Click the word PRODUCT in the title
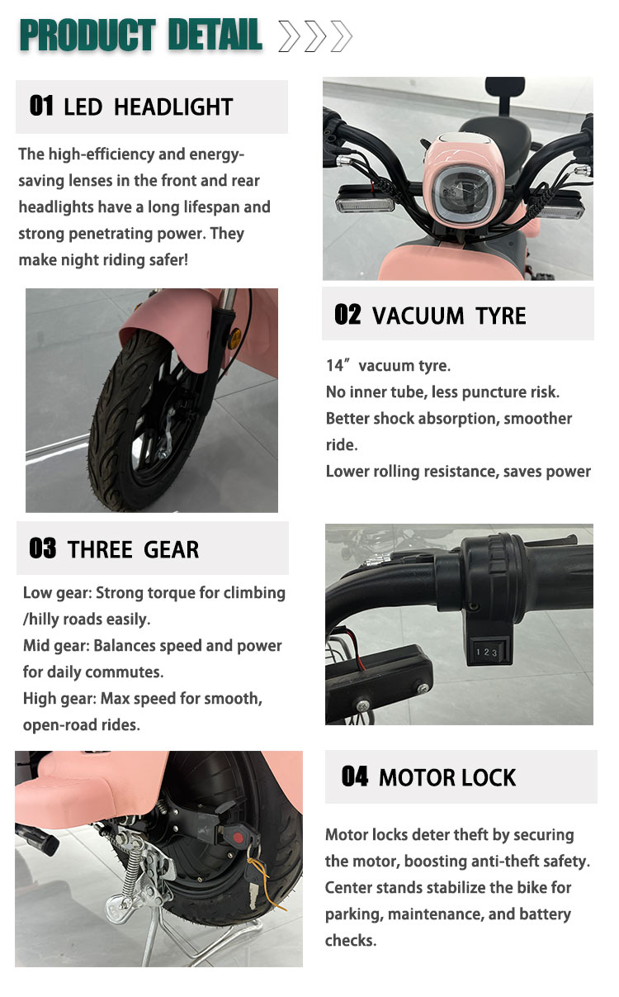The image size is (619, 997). pos(87,36)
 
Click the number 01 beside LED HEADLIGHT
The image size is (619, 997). pos(41,106)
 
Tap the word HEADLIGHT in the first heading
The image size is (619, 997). pos(173,107)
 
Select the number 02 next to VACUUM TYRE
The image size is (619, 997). pos(347,315)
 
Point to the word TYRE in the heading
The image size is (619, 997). pos(501,316)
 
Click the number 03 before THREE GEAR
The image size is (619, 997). pos(43,548)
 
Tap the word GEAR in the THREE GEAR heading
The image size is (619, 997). pos(171,549)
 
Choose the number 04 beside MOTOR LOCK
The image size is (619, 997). pos(355,776)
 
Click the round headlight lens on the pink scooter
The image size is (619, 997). pos(462,194)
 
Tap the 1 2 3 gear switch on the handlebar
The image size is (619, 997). pos(487,653)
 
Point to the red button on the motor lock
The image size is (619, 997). pos(239,838)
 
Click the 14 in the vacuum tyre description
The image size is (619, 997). pos(335,365)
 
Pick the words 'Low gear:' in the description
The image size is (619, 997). pos(58,594)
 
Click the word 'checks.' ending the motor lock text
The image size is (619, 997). pos(351,941)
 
